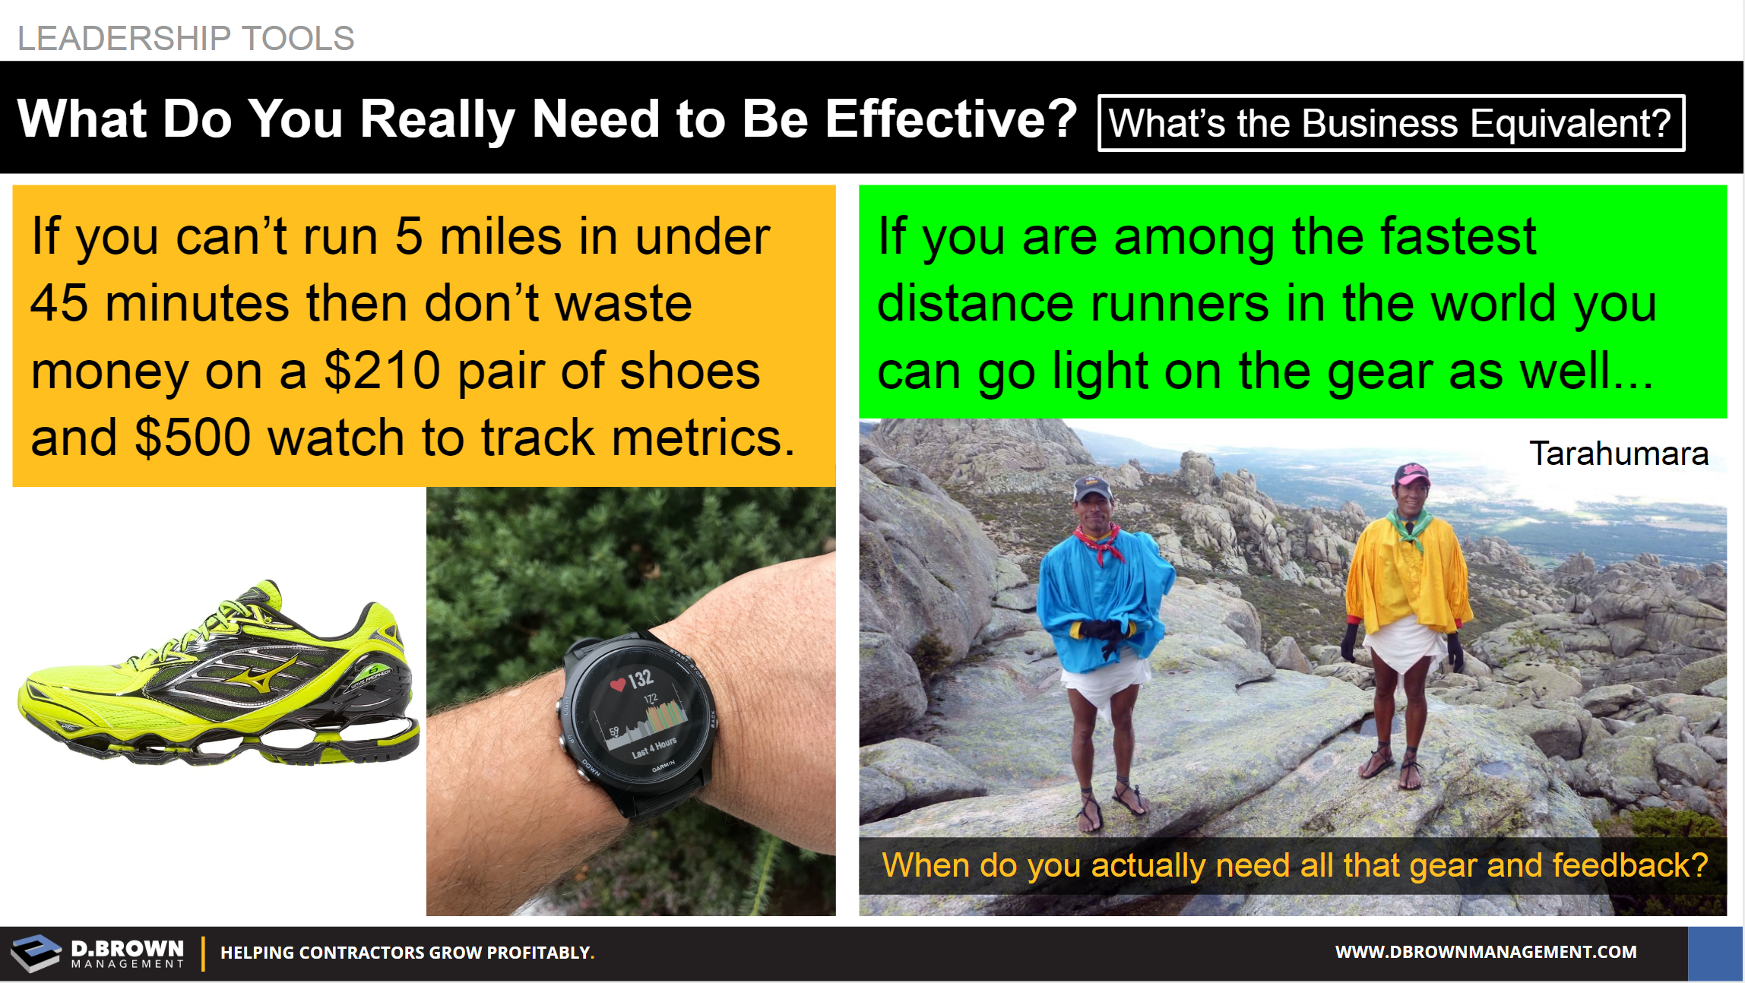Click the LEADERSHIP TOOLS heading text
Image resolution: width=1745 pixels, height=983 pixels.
(x=186, y=38)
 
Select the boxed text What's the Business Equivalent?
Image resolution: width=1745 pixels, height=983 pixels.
(x=1391, y=123)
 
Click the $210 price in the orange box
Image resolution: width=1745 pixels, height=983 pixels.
(x=382, y=371)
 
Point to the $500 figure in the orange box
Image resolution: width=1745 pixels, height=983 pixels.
(x=193, y=438)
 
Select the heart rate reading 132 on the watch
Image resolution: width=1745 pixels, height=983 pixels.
(x=640, y=678)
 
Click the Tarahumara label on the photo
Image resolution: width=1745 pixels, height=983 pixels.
(x=1619, y=454)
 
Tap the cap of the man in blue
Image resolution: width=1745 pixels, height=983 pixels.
(x=1091, y=488)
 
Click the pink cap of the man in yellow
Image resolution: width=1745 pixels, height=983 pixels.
(x=1412, y=474)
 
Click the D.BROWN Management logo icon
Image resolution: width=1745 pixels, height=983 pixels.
(x=35, y=953)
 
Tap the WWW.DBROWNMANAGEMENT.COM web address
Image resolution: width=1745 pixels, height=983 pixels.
(x=1486, y=952)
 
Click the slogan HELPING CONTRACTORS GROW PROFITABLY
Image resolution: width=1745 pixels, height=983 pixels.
(x=407, y=953)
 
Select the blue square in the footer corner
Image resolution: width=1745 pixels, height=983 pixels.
(x=1715, y=953)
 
